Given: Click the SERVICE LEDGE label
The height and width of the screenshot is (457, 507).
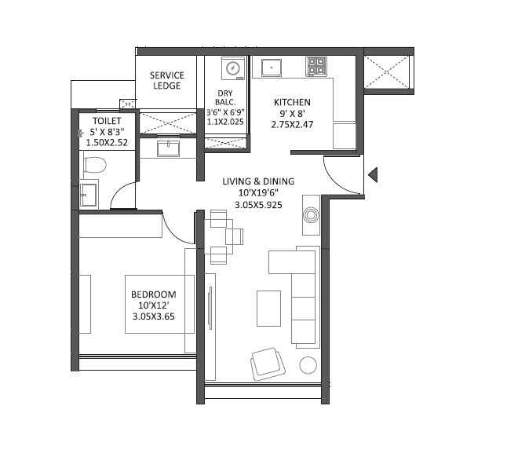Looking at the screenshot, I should pos(166,80).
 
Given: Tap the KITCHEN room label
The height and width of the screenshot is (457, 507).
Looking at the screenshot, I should pos(292,103).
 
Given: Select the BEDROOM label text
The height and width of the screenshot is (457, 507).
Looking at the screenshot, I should pos(154,294).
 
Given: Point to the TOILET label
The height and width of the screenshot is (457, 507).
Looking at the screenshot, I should pos(107,121).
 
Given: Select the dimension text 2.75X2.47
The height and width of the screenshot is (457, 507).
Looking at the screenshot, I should pos(292,125).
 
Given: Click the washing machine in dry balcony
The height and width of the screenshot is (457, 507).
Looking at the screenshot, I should pos(233,68).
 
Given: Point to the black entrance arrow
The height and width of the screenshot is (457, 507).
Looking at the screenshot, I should pos(373,174).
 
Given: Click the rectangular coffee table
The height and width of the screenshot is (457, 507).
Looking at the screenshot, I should pos(268,307).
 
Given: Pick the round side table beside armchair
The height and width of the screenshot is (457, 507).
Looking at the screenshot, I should pos(308,364).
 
